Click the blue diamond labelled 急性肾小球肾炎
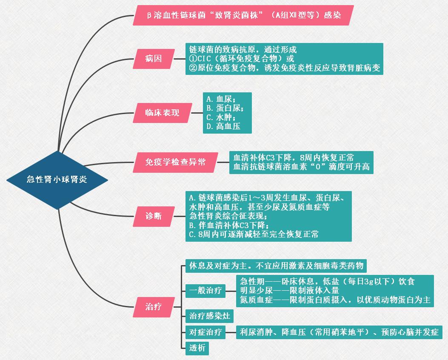tap(57, 180)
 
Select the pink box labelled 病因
tap(154, 59)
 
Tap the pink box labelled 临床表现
tap(162, 113)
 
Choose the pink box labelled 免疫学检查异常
tap(175, 162)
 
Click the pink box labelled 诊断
tap(154, 216)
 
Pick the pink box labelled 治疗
tap(154, 307)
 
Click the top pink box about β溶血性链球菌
tap(243, 15)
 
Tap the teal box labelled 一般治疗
tap(205, 291)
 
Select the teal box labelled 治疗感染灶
tap(209, 316)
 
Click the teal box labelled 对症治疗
tap(205, 332)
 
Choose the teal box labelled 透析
tap(197, 348)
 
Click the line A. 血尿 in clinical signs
tap(221, 99)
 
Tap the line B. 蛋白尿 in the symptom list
tap(225, 108)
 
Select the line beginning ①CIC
tap(241, 59)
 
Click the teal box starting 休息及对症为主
tap(276, 266)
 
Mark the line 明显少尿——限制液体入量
tap(289, 291)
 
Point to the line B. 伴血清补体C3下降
tap(229, 225)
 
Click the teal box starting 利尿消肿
tap(339, 332)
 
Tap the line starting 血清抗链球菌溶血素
tap(301, 167)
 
